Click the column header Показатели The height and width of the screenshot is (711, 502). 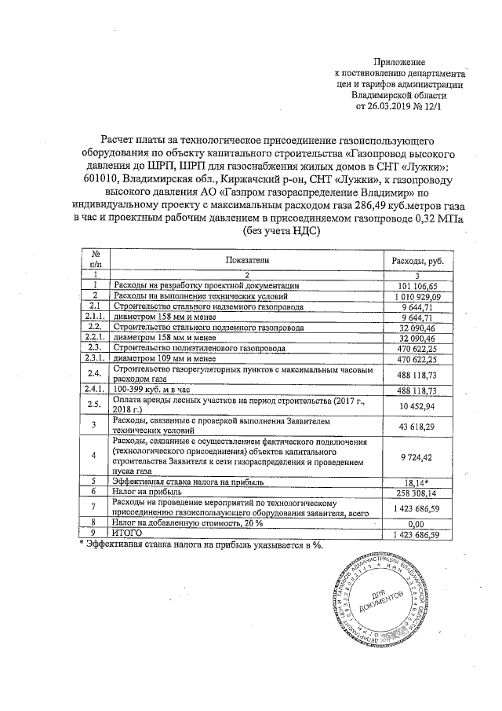point(247,259)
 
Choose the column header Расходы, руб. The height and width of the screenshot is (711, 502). point(417,259)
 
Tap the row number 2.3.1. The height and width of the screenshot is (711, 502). point(94,358)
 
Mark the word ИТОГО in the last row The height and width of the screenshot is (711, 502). point(129,533)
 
